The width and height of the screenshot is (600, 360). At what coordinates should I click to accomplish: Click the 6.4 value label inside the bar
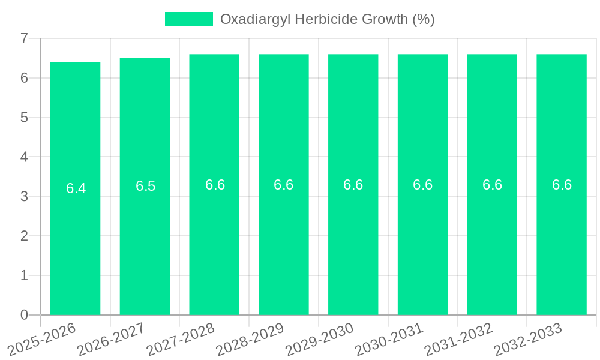pos(76,188)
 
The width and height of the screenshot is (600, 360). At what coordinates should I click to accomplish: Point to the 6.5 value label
pos(145,186)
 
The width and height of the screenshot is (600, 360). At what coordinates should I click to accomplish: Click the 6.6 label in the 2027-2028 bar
pos(215,185)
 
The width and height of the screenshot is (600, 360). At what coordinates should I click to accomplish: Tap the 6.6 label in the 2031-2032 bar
pos(492,185)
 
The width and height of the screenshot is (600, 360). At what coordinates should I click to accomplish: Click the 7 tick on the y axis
pos(24,38)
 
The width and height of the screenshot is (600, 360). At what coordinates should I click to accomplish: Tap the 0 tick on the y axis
pos(24,315)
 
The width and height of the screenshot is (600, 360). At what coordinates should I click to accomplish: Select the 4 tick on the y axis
pos(24,157)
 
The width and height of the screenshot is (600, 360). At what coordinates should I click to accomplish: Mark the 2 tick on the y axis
pos(24,236)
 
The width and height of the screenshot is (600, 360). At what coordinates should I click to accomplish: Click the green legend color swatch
pos(188,19)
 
